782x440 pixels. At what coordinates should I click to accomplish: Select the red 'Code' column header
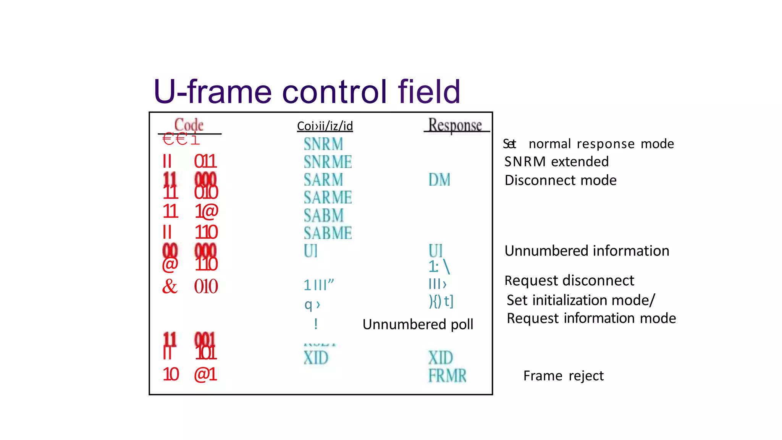tap(189, 125)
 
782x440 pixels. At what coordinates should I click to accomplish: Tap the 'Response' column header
tap(455, 125)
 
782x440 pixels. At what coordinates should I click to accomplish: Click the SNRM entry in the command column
tap(323, 144)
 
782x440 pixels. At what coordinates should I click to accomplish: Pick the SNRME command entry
tap(328, 162)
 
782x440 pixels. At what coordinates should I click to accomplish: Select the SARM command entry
tap(323, 180)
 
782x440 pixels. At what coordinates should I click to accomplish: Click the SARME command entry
tap(328, 197)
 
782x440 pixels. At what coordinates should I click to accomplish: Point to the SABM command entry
tap(324, 215)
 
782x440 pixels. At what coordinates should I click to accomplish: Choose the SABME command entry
tap(328, 233)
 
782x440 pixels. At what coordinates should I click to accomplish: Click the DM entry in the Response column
tap(439, 180)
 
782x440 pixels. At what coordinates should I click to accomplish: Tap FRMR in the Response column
tap(447, 376)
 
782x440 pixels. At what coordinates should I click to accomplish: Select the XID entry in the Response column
tap(440, 358)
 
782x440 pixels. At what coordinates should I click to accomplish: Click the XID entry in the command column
tap(316, 358)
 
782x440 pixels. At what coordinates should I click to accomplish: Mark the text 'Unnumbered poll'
tap(418, 324)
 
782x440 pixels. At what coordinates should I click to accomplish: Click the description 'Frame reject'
tap(563, 376)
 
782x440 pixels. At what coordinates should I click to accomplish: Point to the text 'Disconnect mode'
tap(561, 180)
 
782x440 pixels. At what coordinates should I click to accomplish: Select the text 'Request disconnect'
tap(569, 281)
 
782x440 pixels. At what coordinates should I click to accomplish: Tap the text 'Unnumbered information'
tap(587, 251)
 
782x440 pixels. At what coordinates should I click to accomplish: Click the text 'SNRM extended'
tap(556, 162)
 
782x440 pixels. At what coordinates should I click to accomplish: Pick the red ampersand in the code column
tap(170, 286)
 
